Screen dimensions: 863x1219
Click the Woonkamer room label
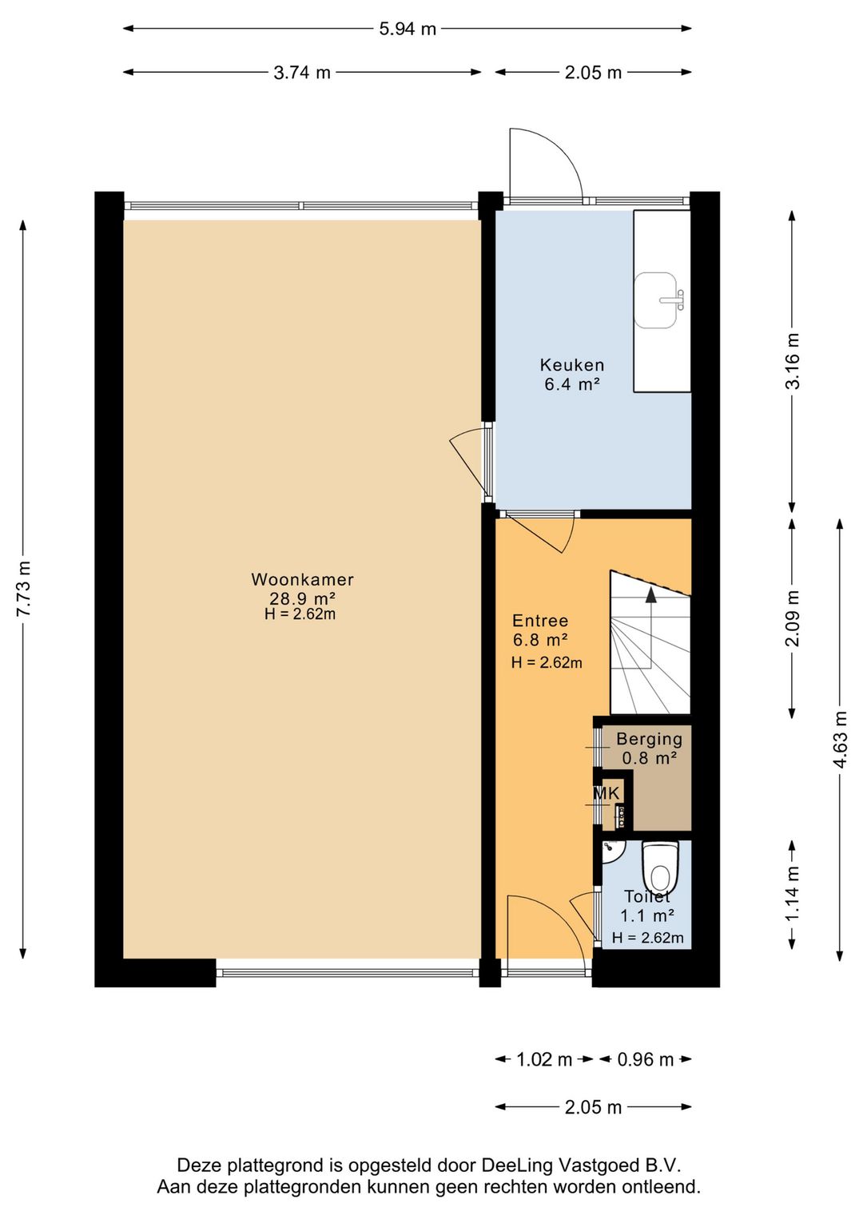point(302,579)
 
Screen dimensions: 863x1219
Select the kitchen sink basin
point(657,301)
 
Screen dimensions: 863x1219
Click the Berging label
point(649,739)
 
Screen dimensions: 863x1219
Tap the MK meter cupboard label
point(606,794)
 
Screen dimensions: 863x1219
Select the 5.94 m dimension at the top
point(408,28)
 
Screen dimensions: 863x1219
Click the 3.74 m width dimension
point(302,72)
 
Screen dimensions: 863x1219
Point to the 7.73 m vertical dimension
point(23,588)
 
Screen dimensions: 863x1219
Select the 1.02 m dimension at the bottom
point(544,1059)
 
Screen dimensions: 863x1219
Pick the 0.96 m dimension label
point(645,1059)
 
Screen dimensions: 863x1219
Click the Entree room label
point(540,621)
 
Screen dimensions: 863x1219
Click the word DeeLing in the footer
point(519,1165)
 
